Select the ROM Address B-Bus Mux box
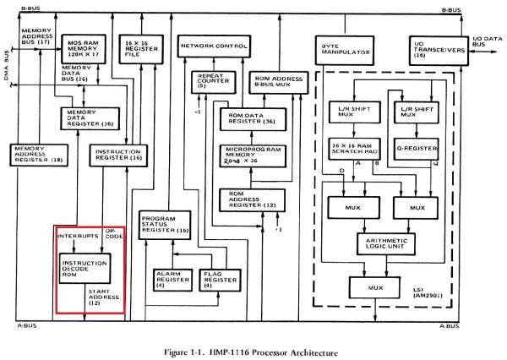pos(272,82)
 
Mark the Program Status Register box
pos(163,221)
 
